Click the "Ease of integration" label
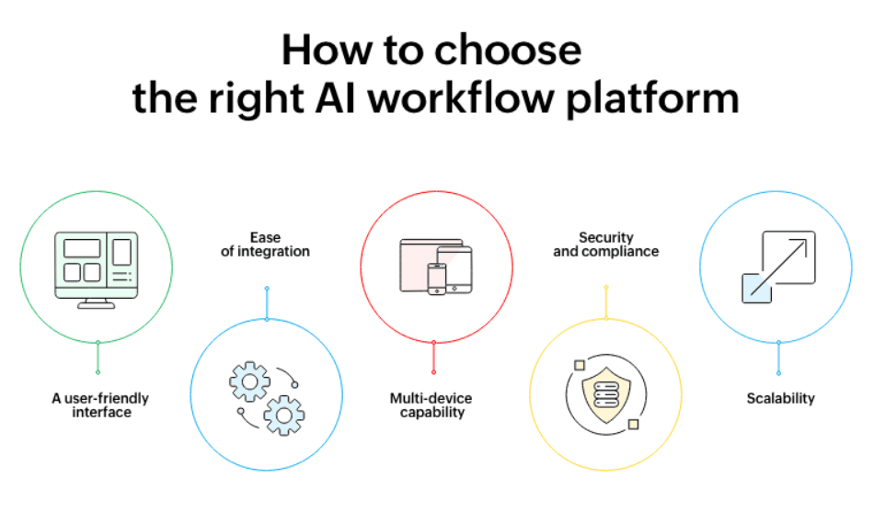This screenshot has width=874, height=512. pos(265,245)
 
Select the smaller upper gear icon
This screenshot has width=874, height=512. pos(249,382)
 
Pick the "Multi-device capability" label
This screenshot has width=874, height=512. pos(431,405)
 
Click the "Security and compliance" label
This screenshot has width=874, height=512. pos(606,245)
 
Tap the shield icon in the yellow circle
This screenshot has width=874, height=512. pos(606,393)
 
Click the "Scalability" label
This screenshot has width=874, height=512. pos(779,399)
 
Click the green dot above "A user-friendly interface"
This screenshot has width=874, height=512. pos(98,371)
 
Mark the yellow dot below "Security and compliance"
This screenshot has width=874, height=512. pos(606,288)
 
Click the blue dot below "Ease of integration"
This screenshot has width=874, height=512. pos(267,289)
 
